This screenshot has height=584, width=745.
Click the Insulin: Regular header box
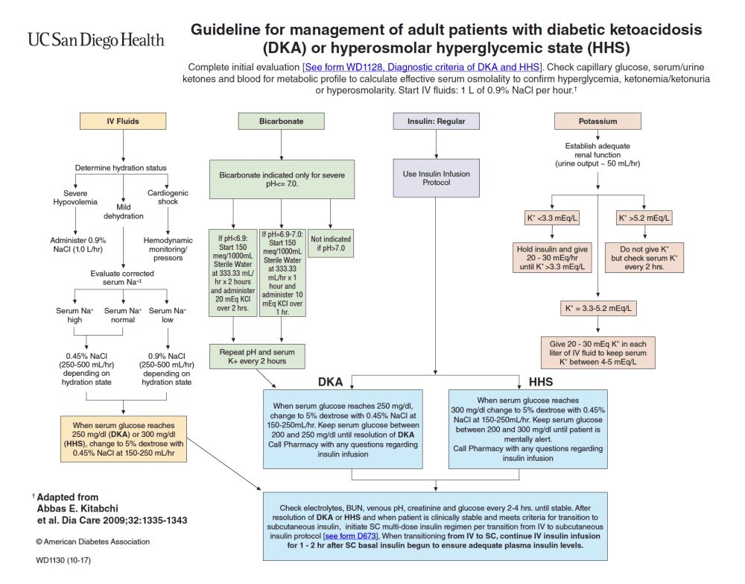coord(436,121)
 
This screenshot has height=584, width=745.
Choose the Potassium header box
coord(597,121)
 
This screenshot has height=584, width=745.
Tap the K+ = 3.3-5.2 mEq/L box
coord(598,307)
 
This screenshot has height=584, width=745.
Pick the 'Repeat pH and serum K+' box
coord(257,356)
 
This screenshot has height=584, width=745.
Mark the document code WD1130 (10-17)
coord(63,559)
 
